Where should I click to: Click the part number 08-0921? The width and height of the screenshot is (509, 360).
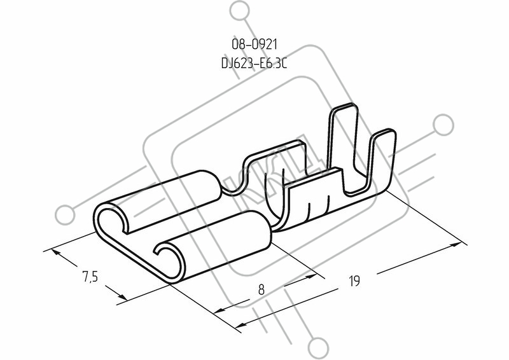click(x=254, y=44)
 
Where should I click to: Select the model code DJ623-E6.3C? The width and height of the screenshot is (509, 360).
click(x=254, y=64)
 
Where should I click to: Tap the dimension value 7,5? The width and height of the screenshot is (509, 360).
click(x=90, y=277)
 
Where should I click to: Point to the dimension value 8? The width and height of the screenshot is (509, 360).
click(x=261, y=289)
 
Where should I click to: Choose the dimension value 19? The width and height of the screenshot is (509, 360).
click(x=354, y=280)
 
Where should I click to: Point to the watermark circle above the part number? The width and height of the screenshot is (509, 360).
click(x=241, y=13)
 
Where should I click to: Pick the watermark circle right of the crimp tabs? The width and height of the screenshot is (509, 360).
click(x=443, y=125)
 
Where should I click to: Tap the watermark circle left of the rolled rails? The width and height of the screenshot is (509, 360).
click(x=66, y=215)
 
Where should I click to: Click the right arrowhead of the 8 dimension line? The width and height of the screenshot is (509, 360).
click(x=310, y=277)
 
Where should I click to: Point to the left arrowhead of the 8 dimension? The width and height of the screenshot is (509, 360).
click(x=221, y=310)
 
